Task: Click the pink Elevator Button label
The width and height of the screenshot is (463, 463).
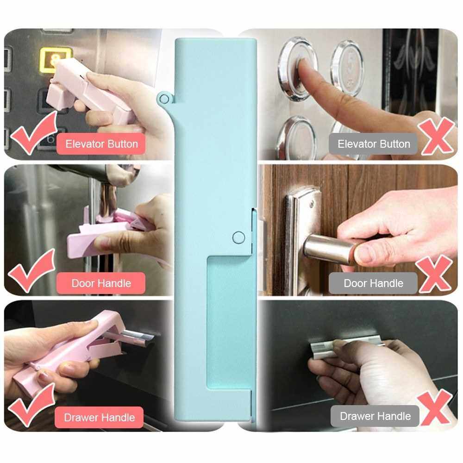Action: pos(101,144)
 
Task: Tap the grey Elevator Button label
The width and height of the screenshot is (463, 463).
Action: pos(373,144)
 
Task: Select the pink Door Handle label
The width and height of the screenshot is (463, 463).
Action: pos(101,283)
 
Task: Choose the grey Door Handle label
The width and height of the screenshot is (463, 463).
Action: pos(373,283)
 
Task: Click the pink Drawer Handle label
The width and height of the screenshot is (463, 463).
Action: pos(99,417)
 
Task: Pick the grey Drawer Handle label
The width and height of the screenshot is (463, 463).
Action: pos(375,416)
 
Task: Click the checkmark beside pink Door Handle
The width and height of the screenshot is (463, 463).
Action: pos(31,271)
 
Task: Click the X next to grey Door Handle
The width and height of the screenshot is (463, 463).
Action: pos(434,274)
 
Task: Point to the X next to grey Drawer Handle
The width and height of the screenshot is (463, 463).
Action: pos(435,407)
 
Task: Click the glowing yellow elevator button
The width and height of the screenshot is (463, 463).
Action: pos(54,60)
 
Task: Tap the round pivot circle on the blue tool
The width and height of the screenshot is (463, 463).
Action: pos(238,238)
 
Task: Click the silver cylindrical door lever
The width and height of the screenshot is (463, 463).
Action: pos(328,251)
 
